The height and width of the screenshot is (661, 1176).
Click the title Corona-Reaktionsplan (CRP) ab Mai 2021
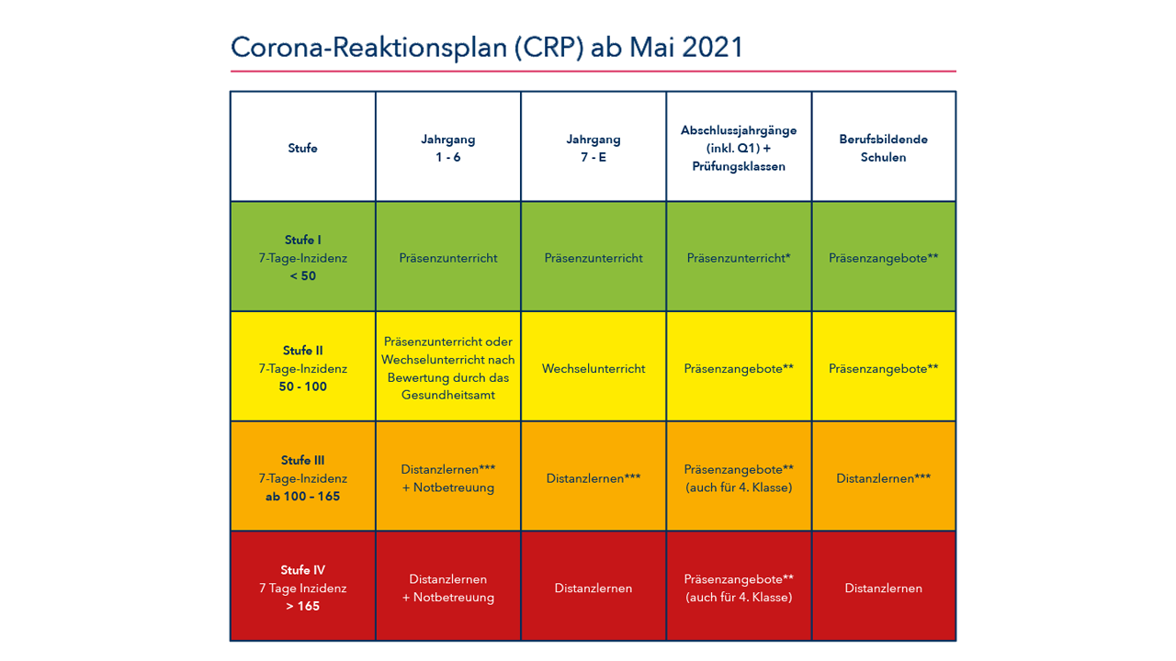tap(486, 47)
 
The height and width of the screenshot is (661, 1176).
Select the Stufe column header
tap(302, 148)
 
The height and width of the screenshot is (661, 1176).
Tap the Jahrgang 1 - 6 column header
tap(447, 148)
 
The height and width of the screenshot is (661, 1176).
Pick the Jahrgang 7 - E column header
tap(593, 148)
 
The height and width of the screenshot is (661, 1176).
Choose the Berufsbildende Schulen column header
tap(883, 148)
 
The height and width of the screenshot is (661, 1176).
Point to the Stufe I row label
tap(302, 241)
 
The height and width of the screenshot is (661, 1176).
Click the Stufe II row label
tap(302, 351)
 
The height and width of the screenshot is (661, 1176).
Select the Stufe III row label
tap(302, 461)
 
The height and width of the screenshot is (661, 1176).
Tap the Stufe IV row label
tap(302, 570)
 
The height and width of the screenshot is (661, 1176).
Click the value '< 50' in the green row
tap(302, 276)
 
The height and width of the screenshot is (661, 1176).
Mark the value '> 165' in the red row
tap(302, 606)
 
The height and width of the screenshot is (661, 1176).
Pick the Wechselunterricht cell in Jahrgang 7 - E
tap(593, 368)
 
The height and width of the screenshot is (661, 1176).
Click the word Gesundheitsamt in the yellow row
tap(447, 395)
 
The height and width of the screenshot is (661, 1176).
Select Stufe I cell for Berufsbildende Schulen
tap(883, 258)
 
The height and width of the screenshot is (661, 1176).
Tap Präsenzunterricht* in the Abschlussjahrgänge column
tap(739, 258)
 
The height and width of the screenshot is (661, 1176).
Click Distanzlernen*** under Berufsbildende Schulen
tap(883, 478)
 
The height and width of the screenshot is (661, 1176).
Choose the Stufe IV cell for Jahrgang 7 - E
tap(593, 588)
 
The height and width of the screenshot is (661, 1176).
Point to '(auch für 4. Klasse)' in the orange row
tap(739, 487)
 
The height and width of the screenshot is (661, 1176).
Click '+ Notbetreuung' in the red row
tap(447, 598)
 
